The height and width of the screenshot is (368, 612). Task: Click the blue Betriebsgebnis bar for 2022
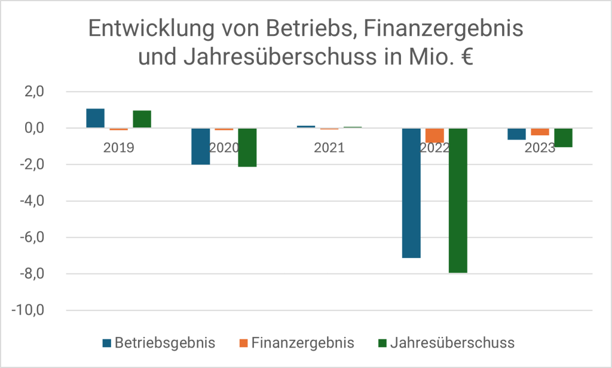(411, 193)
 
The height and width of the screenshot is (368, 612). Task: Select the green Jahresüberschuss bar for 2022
(458, 200)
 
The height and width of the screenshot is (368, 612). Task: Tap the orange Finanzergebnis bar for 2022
(434, 135)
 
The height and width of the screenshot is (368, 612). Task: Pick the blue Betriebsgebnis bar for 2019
(96, 118)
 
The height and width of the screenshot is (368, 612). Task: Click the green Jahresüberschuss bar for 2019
(142, 119)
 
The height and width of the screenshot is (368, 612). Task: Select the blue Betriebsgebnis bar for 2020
(200, 146)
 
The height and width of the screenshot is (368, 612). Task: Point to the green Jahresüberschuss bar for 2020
(247, 147)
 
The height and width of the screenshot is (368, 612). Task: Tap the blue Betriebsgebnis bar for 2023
(516, 134)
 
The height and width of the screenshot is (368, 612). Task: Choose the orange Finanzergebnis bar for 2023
(540, 132)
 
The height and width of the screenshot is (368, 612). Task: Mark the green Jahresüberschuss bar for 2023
(563, 138)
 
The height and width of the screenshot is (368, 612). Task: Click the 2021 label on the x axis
(329, 148)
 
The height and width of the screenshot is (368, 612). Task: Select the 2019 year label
(119, 148)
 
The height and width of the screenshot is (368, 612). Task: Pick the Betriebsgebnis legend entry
(159, 343)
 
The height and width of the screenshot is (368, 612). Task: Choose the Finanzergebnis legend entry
(297, 343)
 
